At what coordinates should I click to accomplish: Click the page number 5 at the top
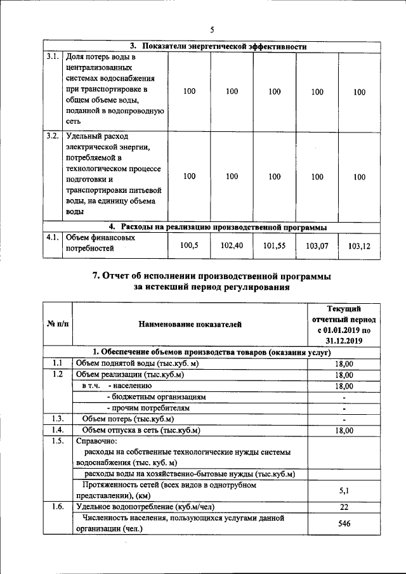click(x=213, y=29)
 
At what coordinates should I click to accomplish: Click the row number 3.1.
click(x=53, y=56)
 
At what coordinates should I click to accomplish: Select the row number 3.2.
click(x=53, y=136)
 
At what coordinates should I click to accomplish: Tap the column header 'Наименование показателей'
click(x=190, y=325)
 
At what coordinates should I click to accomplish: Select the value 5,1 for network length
click(x=343, y=490)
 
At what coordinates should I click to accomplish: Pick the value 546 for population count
click(x=343, y=524)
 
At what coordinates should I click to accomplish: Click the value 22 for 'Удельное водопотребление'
click(x=343, y=507)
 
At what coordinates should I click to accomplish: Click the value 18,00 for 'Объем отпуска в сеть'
click(x=343, y=430)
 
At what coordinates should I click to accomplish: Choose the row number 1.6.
click(x=57, y=507)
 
